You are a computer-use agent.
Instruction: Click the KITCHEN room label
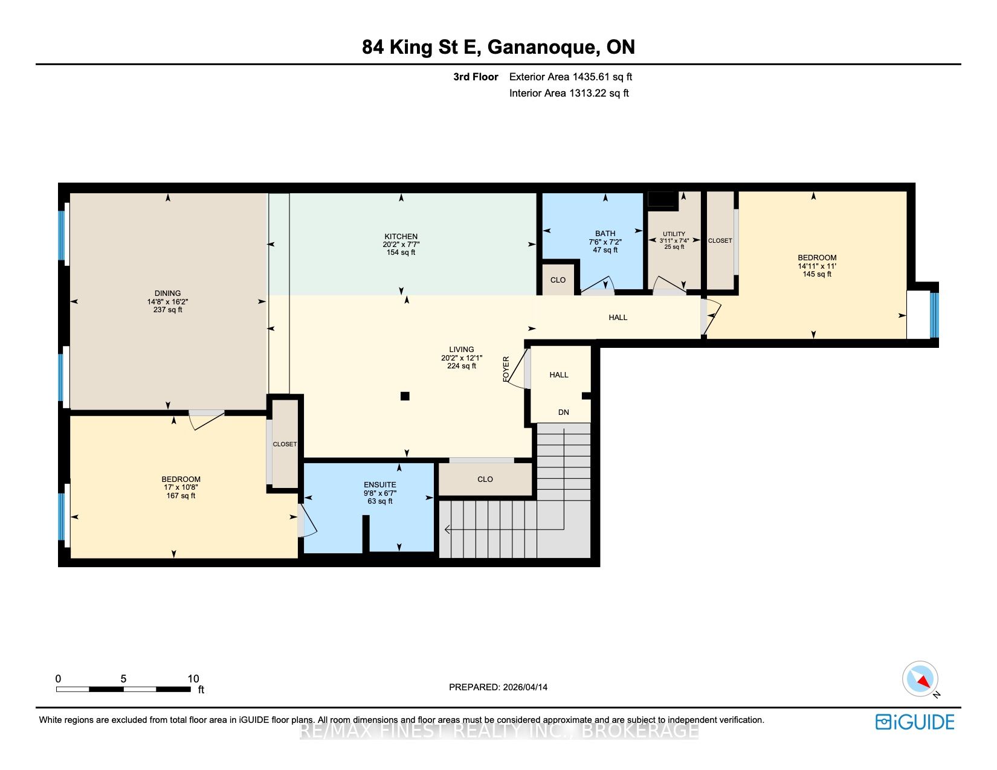(401, 237)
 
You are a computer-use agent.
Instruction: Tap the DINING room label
(167, 293)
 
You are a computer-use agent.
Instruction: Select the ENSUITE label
(380, 485)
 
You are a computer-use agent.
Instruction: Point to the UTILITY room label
(674, 234)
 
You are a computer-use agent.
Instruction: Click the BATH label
(605, 234)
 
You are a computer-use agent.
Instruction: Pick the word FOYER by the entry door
(506, 369)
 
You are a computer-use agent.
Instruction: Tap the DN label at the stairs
(563, 412)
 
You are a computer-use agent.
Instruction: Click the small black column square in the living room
(405, 396)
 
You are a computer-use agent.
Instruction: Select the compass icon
(920, 679)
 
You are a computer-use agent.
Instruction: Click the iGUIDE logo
(915, 722)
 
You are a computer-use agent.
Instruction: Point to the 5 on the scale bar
(123, 679)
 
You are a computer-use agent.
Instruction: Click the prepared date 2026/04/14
(525, 687)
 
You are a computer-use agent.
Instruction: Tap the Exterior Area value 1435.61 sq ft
(602, 77)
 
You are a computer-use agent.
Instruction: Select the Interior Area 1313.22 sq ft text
(569, 93)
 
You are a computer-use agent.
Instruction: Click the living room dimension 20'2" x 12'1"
(462, 358)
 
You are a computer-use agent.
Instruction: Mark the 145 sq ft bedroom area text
(817, 274)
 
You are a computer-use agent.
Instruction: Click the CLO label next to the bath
(558, 280)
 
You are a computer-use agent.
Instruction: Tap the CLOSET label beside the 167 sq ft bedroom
(285, 444)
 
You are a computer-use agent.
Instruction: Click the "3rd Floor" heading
(476, 77)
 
